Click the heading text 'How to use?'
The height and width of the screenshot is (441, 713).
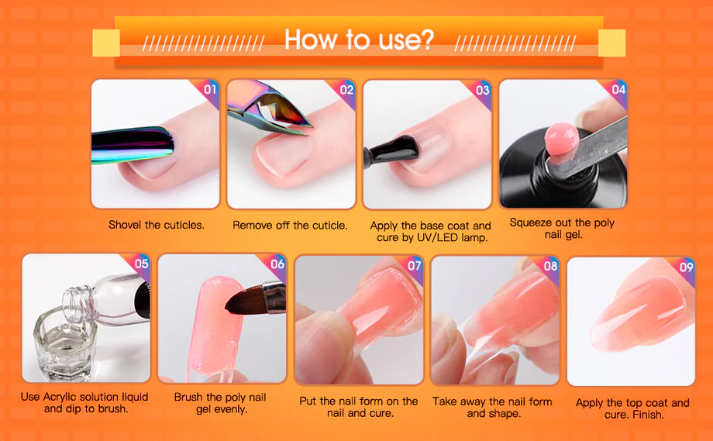pos(359,40)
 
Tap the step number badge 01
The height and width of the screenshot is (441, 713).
pos(210,89)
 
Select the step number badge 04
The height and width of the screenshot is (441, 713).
pos(618,89)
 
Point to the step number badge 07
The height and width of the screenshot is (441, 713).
pos(415,265)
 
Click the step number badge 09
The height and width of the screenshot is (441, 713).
pos(687,267)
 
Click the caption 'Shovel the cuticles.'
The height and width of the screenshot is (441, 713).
pos(157,225)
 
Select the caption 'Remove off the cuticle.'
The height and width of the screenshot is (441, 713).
pos(290,225)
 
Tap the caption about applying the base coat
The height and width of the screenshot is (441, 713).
pos(431,232)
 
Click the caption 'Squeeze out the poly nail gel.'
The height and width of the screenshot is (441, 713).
pos(562,229)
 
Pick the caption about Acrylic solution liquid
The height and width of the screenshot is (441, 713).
pos(84,403)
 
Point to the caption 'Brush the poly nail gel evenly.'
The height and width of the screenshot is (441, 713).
pos(221,403)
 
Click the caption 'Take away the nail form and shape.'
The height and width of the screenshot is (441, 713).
pos(492,408)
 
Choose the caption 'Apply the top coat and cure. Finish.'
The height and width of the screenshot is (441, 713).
pos(632,408)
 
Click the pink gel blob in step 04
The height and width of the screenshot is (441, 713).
pos(561,139)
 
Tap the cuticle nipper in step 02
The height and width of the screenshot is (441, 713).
pos(268,109)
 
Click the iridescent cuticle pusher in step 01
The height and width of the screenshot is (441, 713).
pos(133,145)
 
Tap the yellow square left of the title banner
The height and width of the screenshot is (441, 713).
pos(106,43)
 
